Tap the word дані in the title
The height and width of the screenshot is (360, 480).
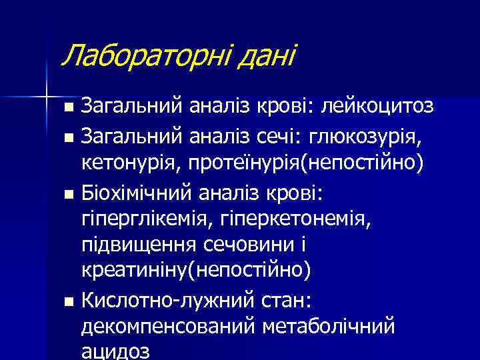coord(261,55)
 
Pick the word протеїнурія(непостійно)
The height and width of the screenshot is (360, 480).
coord(304,161)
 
